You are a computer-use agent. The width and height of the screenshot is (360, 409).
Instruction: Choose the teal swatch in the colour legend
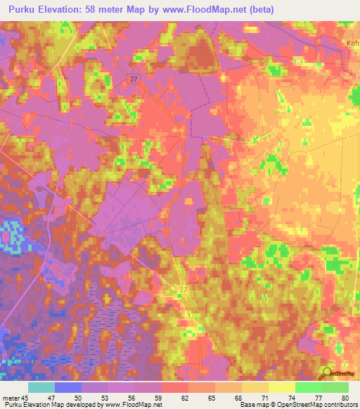[41, 387]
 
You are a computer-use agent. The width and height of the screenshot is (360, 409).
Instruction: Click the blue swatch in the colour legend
[68, 387]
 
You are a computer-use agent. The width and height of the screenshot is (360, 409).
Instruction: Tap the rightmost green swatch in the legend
[335, 387]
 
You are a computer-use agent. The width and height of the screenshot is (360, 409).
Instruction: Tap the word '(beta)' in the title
[258, 9]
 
